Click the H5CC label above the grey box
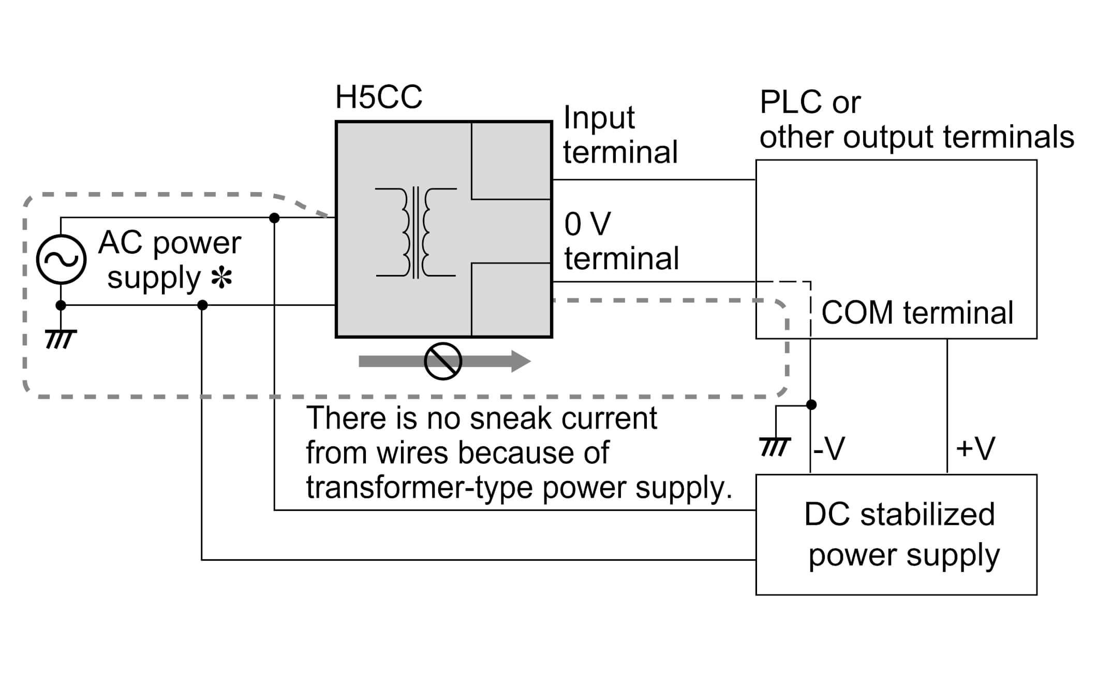[378, 97]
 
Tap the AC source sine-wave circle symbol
[61, 259]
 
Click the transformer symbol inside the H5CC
[416, 232]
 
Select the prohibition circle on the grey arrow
[443, 361]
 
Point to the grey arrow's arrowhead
[520, 361]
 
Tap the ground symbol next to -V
[775, 446]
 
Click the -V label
[828, 448]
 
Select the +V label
[975, 448]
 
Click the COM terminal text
[917, 313]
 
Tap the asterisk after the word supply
[221, 279]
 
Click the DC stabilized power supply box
[896, 534]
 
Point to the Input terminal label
[620, 135]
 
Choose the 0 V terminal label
[621, 241]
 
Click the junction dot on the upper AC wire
[275, 218]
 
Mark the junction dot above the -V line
[811, 404]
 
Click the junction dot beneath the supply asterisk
[203, 305]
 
